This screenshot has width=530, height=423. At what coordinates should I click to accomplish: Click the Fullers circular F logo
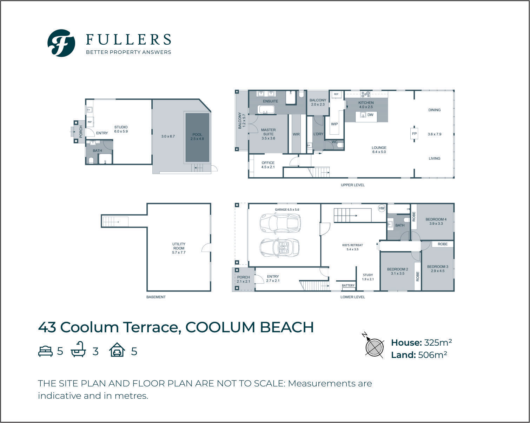click(61, 43)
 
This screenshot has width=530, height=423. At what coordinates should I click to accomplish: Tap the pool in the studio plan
click(197, 137)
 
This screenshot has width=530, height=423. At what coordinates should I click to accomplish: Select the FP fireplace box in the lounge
click(414, 134)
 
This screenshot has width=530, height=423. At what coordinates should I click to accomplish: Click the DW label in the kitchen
click(370, 115)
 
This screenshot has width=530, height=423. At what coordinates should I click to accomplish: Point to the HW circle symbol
click(382, 209)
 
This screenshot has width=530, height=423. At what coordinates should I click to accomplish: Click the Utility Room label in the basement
click(179, 248)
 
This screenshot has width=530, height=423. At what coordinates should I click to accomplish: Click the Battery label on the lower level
click(348, 286)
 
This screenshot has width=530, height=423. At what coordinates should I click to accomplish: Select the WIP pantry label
click(334, 124)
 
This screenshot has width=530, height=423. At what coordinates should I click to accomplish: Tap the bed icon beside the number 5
click(45, 351)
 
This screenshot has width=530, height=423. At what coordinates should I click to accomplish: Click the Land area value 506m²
click(432, 355)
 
